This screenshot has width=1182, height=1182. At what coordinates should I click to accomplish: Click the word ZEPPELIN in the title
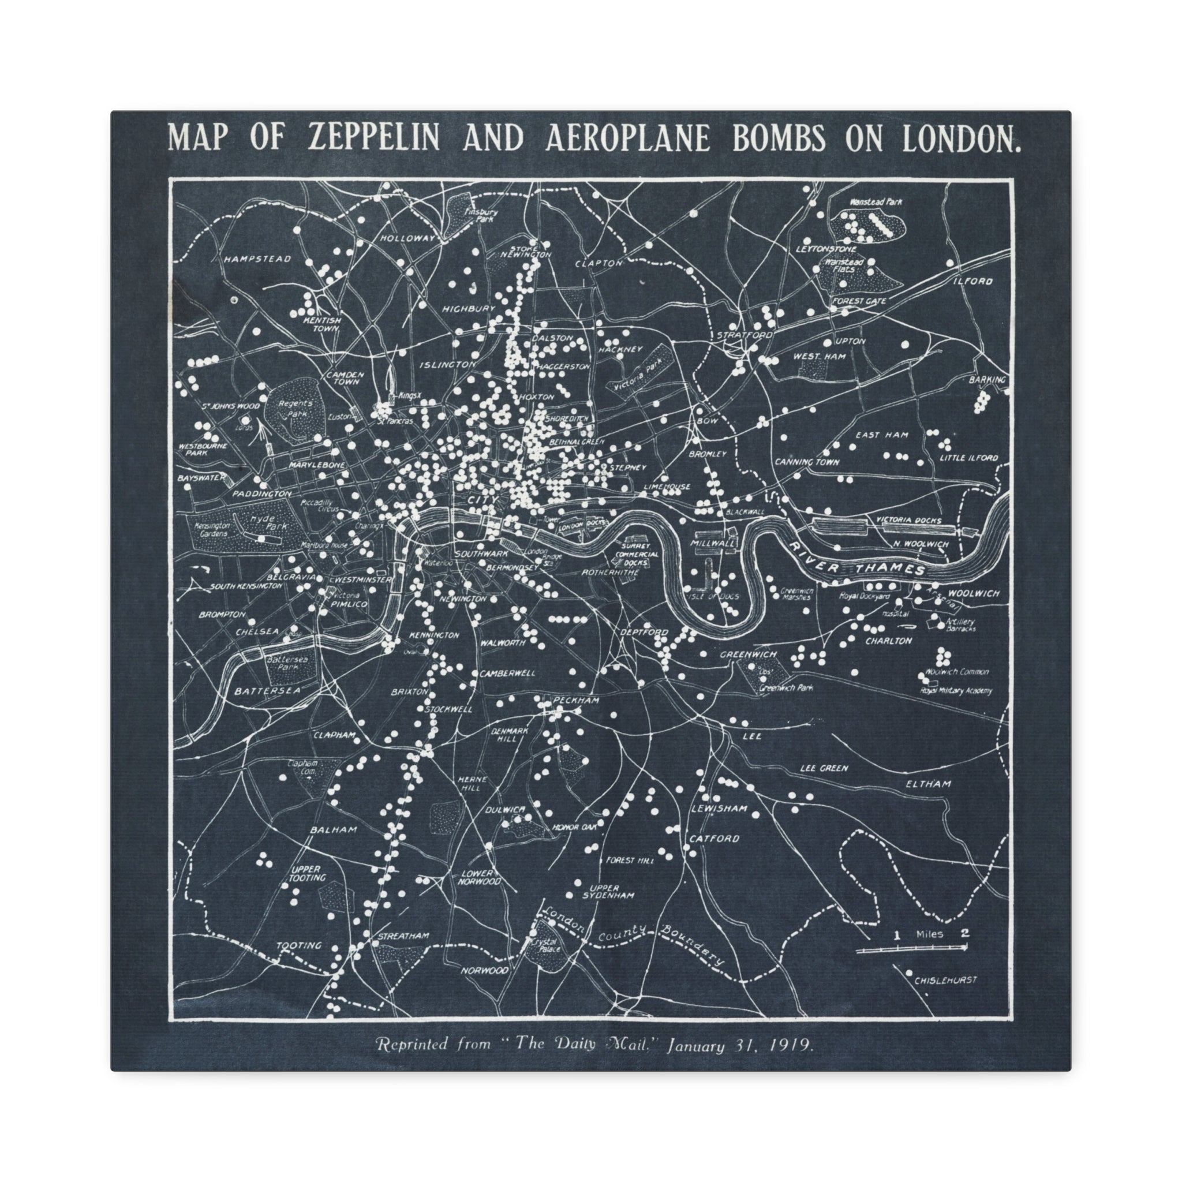tap(374, 139)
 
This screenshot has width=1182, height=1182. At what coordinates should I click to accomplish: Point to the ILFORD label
tap(972, 282)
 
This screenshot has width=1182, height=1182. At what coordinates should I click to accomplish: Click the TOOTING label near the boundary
tap(298, 945)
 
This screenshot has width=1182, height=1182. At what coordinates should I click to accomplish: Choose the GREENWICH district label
tap(747, 654)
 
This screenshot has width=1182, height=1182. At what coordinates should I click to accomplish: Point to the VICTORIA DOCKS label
tap(908, 520)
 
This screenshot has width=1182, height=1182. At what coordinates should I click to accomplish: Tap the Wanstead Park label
tap(876, 201)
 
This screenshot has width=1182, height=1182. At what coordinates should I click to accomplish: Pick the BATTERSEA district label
tap(267, 691)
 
